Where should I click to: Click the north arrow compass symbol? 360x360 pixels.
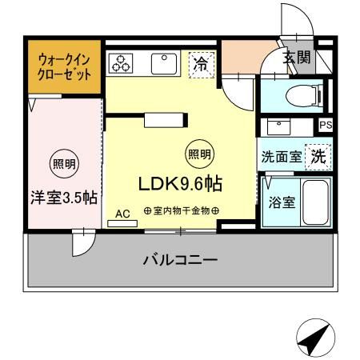314,339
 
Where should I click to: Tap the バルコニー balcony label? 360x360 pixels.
180,260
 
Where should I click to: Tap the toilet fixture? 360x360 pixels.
307,96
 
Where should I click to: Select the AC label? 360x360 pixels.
122,214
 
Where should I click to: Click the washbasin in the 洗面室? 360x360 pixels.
280,127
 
